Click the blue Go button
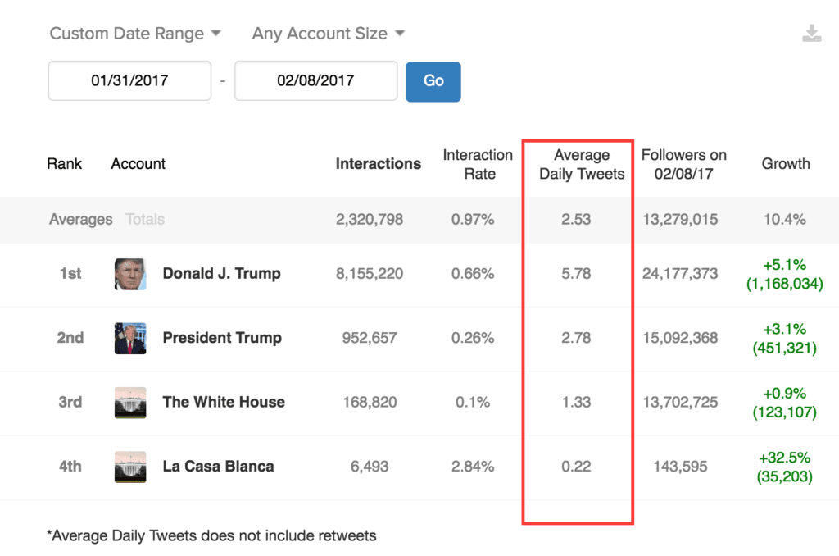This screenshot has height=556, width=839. [x=433, y=81]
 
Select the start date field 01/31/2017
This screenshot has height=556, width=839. [x=129, y=81]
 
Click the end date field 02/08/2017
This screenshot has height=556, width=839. [x=315, y=81]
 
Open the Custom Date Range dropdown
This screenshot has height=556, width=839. [x=135, y=34]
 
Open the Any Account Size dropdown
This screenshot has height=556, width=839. [x=329, y=34]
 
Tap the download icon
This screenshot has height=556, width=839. [x=811, y=34]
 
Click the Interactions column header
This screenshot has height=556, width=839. [x=378, y=164]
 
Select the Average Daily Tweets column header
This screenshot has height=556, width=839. [x=581, y=164]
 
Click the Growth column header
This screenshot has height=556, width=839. [x=785, y=164]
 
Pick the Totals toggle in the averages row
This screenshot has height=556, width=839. [x=145, y=220]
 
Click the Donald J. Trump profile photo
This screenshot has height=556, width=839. [x=130, y=274]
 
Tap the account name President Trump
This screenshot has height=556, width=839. [x=222, y=338]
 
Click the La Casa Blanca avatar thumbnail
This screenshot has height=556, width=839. [x=130, y=467]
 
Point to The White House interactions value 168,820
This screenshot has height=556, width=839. [x=369, y=402]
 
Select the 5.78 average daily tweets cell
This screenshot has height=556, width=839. [x=576, y=274]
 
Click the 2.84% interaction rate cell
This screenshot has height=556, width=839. [x=473, y=467]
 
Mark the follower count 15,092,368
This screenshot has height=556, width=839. [x=680, y=338]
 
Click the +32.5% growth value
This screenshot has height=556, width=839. [x=784, y=458]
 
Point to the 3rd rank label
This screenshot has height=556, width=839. [x=70, y=402]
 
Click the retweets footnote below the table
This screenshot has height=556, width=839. [x=211, y=536]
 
